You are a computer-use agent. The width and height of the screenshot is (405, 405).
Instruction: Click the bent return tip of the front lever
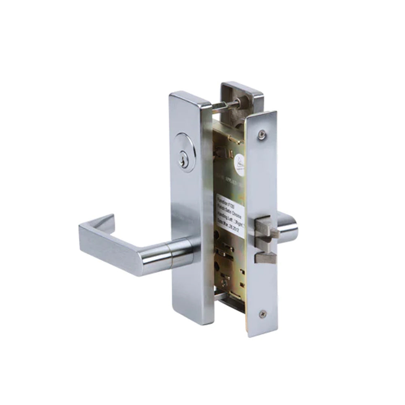click(x=107, y=222)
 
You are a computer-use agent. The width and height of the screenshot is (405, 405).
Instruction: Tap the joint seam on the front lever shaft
click(x=171, y=254)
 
